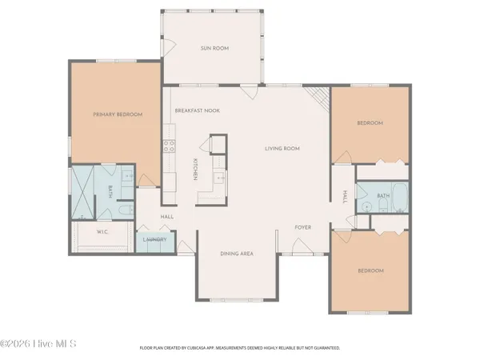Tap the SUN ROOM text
tap(214, 49)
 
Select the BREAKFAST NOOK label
tap(197, 110)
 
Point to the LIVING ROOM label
tap(282, 148)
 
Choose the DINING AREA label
tap(237, 254)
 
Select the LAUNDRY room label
tap(154, 239)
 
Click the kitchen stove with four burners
tap(170, 146)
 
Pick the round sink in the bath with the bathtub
tap(365, 206)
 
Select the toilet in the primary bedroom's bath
tap(126, 210)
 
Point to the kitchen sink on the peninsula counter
tap(216, 178)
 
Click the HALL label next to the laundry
tap(167, 217)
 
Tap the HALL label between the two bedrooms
tap(344, 197)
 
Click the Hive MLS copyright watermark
tap(38, 345)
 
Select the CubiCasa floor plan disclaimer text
tap(240, 349)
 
